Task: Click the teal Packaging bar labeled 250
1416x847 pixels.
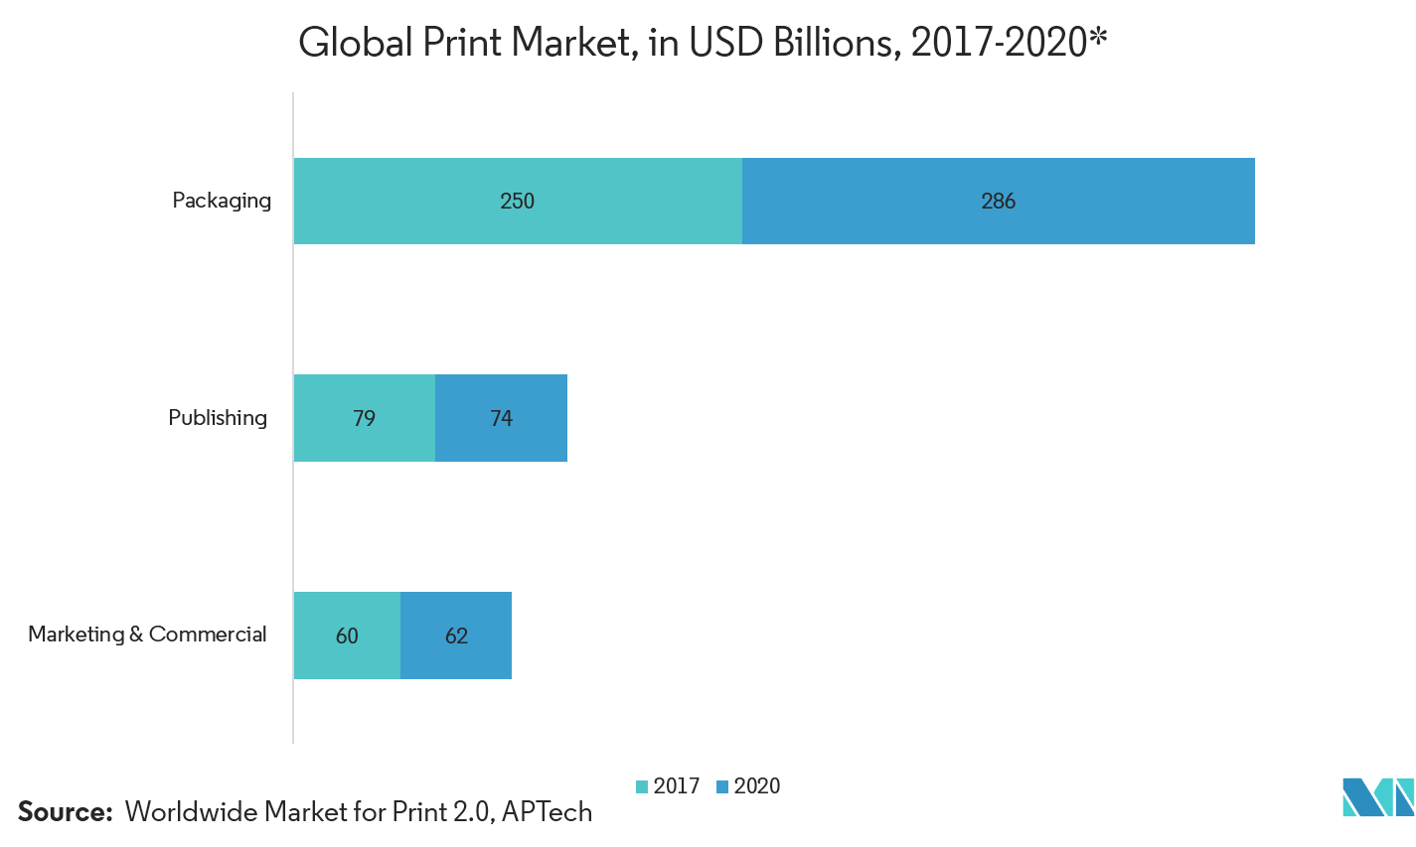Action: [x=517, y=288]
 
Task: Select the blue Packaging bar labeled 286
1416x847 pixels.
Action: [x=998, y=288]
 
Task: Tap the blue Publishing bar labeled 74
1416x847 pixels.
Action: [x=501, y=496]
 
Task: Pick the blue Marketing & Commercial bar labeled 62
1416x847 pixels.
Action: [x=456, y=685]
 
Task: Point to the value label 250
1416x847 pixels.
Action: [x=517, y=202]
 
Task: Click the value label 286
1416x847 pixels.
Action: [x=998, y=202]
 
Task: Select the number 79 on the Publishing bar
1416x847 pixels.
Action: [x=364, y=419]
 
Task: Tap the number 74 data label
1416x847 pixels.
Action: [x=501, y=419]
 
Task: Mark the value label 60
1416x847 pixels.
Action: [x=347, y=636]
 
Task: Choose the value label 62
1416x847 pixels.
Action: [x=456, y=636]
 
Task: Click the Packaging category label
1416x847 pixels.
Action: [x=221, y=201]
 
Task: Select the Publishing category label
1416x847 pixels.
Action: [x=217, y=418]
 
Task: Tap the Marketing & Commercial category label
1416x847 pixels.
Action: [x=146, y=635]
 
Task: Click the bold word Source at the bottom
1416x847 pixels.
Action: [x=65, y=812]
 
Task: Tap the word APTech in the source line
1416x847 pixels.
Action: [x=547, y=812]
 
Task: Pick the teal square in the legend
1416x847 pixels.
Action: [x=642, y=790]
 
